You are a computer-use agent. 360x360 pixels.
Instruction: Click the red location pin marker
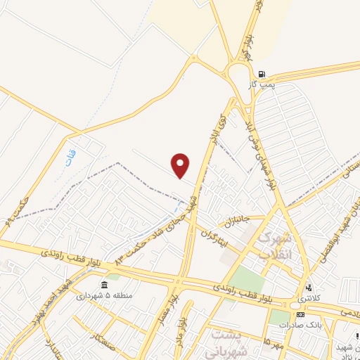[181, 165]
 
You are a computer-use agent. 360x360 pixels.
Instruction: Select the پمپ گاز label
[259, 84]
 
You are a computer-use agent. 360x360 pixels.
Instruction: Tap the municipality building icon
[104, 285]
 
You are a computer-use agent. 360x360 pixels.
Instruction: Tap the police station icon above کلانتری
[307, 288]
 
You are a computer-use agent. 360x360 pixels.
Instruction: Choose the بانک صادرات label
[299, 325]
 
